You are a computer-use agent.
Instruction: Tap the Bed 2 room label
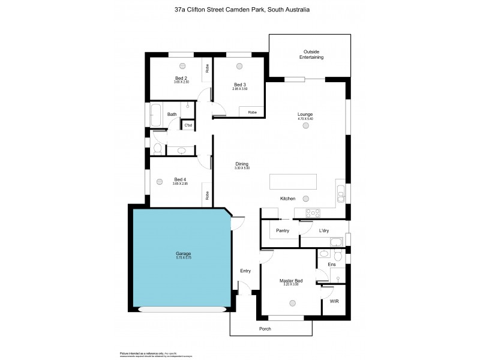click(x=182, y=78)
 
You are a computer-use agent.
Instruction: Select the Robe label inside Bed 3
click(x=253, y=112)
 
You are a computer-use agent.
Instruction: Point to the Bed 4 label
click(x=181, y=179)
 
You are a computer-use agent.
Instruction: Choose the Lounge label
click(x=305, y=114)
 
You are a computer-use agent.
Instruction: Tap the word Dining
click(x=242, y=164)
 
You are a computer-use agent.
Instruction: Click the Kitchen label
click(x=288, y=199)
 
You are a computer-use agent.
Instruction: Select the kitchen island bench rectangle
click(x=293, y=181)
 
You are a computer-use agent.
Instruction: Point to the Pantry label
click(x=283, y=230)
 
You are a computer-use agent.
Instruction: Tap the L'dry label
click(x=324, y=230)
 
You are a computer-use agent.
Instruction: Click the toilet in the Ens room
click(x=338, y=256)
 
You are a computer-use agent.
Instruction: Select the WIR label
click(x=334, y=301)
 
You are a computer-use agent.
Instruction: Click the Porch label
click(x=265, y=328)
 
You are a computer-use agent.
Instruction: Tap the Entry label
click(x=245, y=271)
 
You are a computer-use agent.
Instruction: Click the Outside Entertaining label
click(x=311, y=55)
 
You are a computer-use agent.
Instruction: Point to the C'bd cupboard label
click(x=188, y=125)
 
